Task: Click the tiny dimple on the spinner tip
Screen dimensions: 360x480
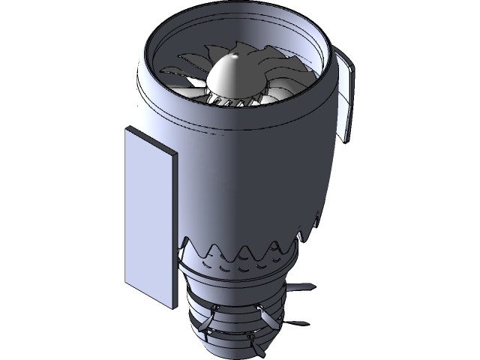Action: (x=236, y=56)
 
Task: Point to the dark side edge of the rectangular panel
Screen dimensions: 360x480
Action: (x=174, y=232)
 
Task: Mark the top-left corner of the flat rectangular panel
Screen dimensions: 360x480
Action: (x=124, y=128)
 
